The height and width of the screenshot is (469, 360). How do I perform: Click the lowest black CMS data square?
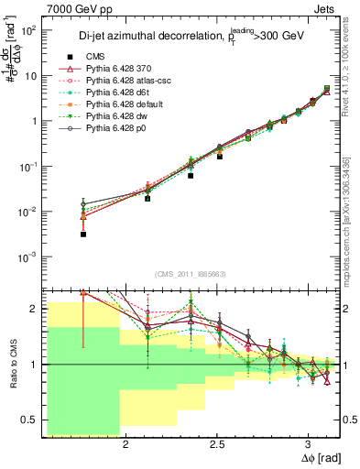tap(83, 234)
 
